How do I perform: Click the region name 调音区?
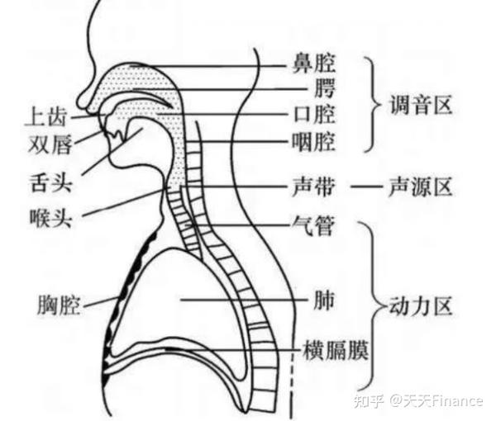tap(421, 105)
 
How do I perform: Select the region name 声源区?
tap(421, 187)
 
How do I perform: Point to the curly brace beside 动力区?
tap(373, 307)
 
